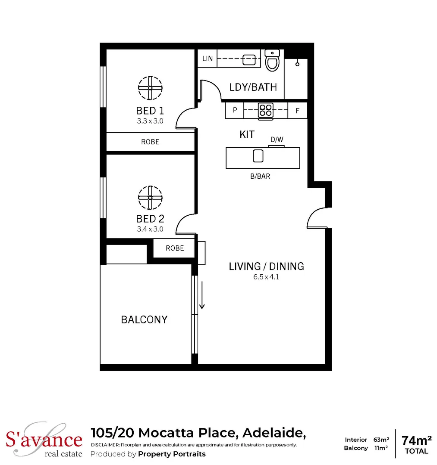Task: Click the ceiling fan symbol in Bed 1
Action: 150,88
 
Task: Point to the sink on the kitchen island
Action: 258,156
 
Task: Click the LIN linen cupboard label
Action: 207,59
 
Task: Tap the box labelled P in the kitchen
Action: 235,110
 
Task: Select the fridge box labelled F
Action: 297,111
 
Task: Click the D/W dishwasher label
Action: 277,139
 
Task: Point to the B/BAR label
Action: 260,176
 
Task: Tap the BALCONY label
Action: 144,319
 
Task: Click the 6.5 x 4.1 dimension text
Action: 266,277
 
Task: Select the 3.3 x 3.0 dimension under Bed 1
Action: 150,121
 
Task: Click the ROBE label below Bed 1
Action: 150,142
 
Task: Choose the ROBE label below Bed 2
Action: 175,248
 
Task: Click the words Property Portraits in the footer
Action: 172,454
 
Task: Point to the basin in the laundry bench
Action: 249,60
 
